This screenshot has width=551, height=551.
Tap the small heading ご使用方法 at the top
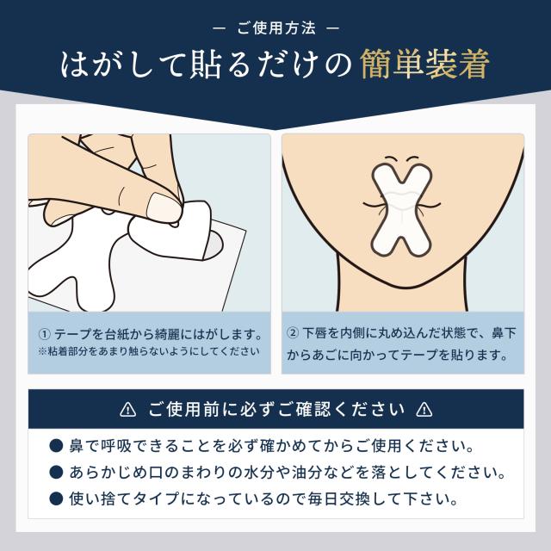point(275,28)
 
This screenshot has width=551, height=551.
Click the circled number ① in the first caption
point(44,333)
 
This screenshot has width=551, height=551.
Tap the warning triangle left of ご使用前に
point(128,409)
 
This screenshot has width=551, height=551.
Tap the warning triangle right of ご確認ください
point(423,409)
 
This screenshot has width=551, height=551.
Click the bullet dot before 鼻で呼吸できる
point(56,447)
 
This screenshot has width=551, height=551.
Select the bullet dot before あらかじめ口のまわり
point(56,473)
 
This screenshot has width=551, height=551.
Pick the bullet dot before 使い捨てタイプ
point(56,498)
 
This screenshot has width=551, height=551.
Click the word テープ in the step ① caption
point(74,333)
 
